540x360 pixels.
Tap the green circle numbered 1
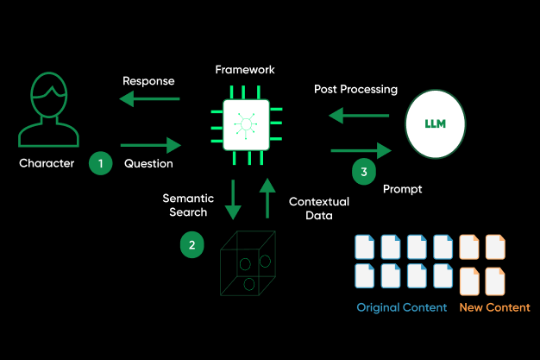pos(102,162)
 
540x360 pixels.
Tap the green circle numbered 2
pos(192,245)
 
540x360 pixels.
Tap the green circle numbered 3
pos(364,172)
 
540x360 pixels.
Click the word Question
pos(148,162)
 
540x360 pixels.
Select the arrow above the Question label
pos(151,144)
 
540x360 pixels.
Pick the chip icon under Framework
pos(247,126)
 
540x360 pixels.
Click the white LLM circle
pos(435,124)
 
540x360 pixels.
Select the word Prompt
pos(401,188)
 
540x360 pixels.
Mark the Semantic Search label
pos(185,205)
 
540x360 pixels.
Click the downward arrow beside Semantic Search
pos(231,200)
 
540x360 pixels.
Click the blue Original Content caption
pos(402,307)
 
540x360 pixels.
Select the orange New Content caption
pos(494,307)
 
